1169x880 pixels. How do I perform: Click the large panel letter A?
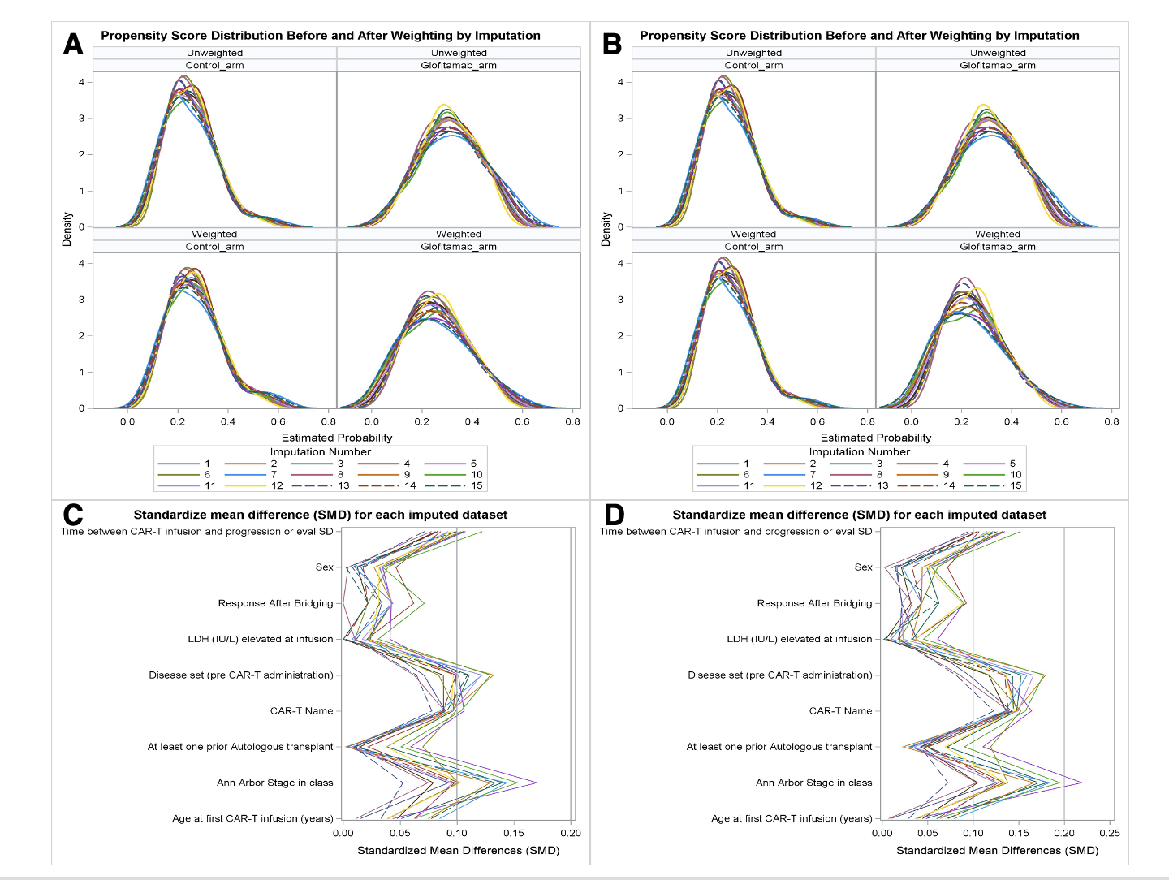(73, 44)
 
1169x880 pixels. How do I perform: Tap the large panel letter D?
(615, 515)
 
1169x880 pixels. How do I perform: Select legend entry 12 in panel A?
(277, 485)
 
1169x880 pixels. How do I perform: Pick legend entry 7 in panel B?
(813, 474)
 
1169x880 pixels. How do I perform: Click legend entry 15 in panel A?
(477, 485)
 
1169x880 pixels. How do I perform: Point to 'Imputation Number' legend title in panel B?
(859, 451)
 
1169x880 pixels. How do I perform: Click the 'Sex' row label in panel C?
(324, 567)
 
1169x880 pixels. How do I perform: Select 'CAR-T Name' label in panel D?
(840, 710)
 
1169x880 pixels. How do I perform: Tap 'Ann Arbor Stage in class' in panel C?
(274, 783)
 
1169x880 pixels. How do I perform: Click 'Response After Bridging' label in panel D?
(814, 603)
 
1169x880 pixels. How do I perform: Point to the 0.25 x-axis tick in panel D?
(1109, 833)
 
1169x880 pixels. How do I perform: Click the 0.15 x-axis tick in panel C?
(513, 833)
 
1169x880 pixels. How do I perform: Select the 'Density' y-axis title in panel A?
(67, 229)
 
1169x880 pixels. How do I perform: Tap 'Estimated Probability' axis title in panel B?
(875, 438)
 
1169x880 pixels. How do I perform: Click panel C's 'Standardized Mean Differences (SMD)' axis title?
(458, 850)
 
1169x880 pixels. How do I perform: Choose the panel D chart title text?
(859, 515)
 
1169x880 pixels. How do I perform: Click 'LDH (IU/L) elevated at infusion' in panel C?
(260, 639)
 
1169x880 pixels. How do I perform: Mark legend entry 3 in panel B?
(879, 464)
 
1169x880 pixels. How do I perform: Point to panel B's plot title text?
(859, 36)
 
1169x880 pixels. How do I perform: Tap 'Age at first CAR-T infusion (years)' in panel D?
(792, 818)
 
